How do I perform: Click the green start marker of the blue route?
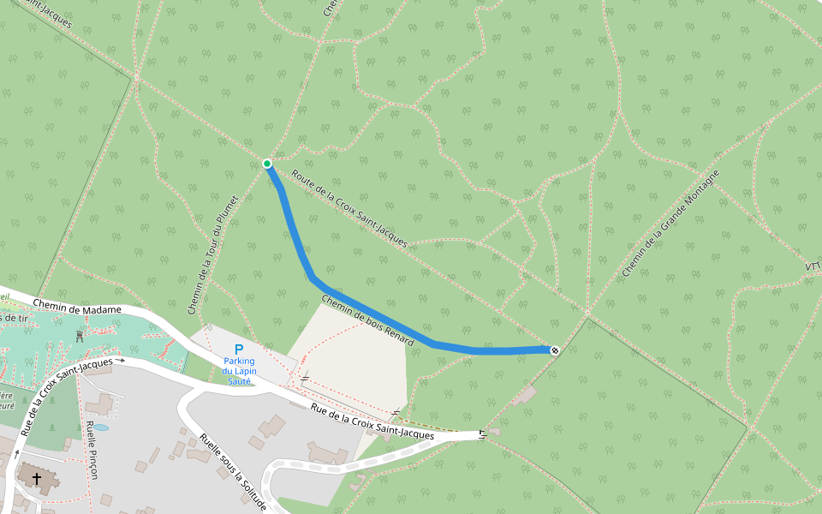click(x=267, y=164)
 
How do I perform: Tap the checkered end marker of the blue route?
click(x=555, y=350)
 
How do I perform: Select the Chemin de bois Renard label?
click(x=367, y=320)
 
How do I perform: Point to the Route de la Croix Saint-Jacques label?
click(x=348, y=208)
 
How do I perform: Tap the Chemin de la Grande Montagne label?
click(x=670, y=224)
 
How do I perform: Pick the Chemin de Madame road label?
click(x=77, y=306)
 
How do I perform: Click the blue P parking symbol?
click(x=239, y=349)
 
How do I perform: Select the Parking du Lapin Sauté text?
click(x=239, y=371)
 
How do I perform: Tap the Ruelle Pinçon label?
click(x=91, y=450)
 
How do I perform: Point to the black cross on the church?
click(x=37, y=477)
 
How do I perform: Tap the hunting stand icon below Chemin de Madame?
click(x=80, y=336)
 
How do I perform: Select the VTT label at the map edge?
click(x=813, y=266)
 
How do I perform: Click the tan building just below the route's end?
click(x=526, y=394)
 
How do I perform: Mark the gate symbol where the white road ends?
click(x=484, y=433)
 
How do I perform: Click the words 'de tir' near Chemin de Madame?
click(x=11, y=318)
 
